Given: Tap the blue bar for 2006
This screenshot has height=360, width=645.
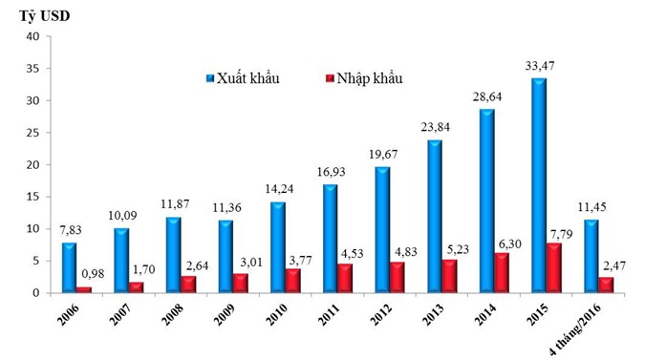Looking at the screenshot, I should pyautogui.click(x=70, y=267).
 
